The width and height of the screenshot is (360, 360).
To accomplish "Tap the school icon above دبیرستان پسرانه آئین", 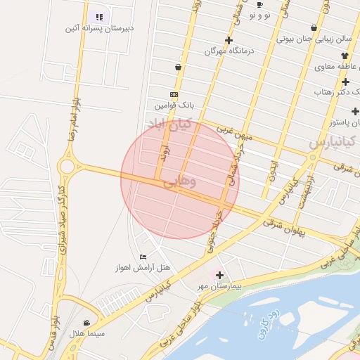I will (99, 16).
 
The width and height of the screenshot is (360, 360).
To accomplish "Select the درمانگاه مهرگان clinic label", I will (229, 51).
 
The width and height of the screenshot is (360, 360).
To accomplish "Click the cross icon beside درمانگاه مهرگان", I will (229, 40).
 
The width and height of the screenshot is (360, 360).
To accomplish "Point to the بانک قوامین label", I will (174, 105).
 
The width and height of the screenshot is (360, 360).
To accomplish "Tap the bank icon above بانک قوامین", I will (174, 94).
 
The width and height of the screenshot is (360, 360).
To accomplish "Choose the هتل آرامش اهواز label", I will (143, 268).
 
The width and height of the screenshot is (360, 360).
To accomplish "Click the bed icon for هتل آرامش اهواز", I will (143, 257).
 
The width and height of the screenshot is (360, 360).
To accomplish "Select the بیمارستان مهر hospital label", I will (219, 286).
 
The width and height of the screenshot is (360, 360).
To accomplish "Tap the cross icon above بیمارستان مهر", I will (219, 275).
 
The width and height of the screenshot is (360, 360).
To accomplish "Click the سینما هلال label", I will (86, 333).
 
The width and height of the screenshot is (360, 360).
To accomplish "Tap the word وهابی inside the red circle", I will (180, 182).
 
